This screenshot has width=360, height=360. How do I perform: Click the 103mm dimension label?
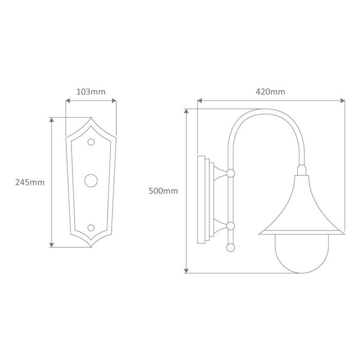click(x=91, y=92)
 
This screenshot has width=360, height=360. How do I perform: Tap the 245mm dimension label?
click(x=30, y=183)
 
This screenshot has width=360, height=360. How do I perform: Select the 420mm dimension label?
click(x=271, y=92)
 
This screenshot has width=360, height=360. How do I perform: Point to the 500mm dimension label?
click(x=163, y=191)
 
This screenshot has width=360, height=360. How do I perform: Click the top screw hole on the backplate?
click(x=91, y=142)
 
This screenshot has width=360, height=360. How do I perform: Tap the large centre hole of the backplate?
click(x=91, y=181)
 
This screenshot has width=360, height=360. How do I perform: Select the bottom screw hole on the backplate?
click(x=91, y=228)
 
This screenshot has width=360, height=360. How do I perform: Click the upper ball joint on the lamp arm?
click(x=230, y=173)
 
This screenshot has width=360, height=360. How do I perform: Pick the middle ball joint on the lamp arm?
click(x=230, y=226)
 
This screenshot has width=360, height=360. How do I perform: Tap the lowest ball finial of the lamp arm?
click(x=230, y=248)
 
